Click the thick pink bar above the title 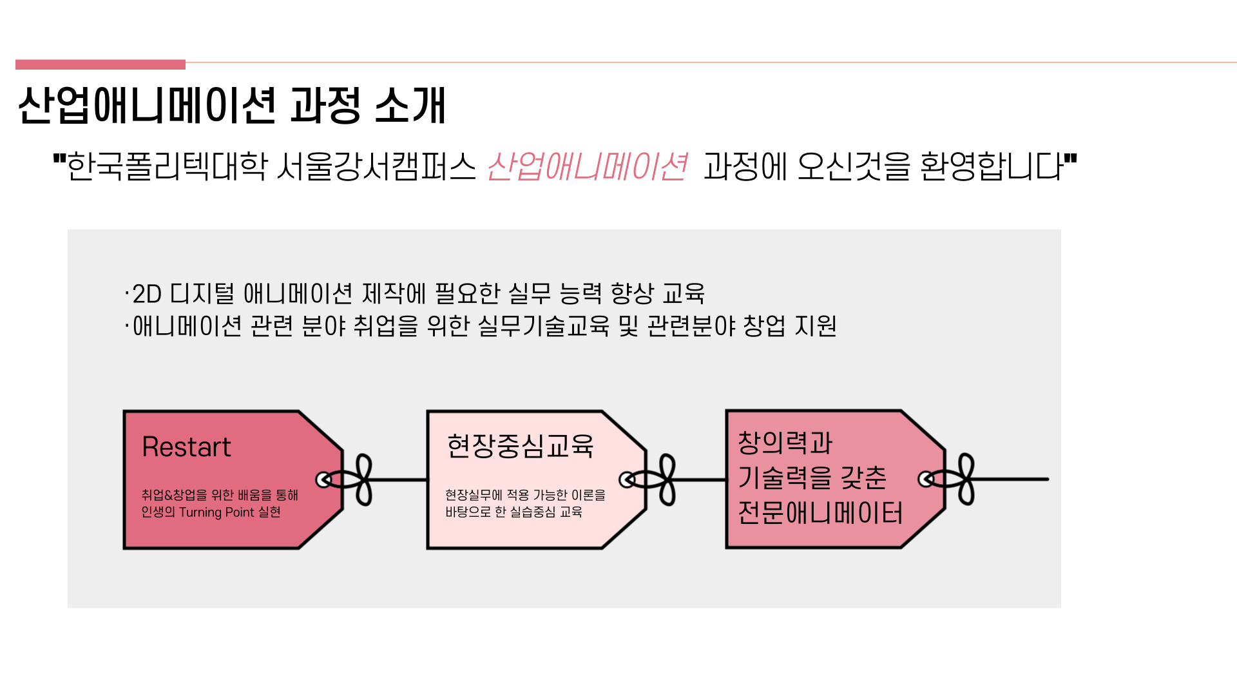click(x=101, y=64)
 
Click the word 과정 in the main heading click(x=325, y=105)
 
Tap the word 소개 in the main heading click(x=410, y=105)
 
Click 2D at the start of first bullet click(x=147, y=294)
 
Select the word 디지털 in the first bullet click(x=202, y=294)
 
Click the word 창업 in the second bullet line click(x=764, y=326)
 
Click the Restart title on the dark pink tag click(x=186, y=447)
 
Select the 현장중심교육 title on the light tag click(x=520, y=445)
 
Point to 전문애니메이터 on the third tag click(x=820, y=513)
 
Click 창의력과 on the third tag click(x=785, y=443)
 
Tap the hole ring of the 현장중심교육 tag click(x=627, y=479)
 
